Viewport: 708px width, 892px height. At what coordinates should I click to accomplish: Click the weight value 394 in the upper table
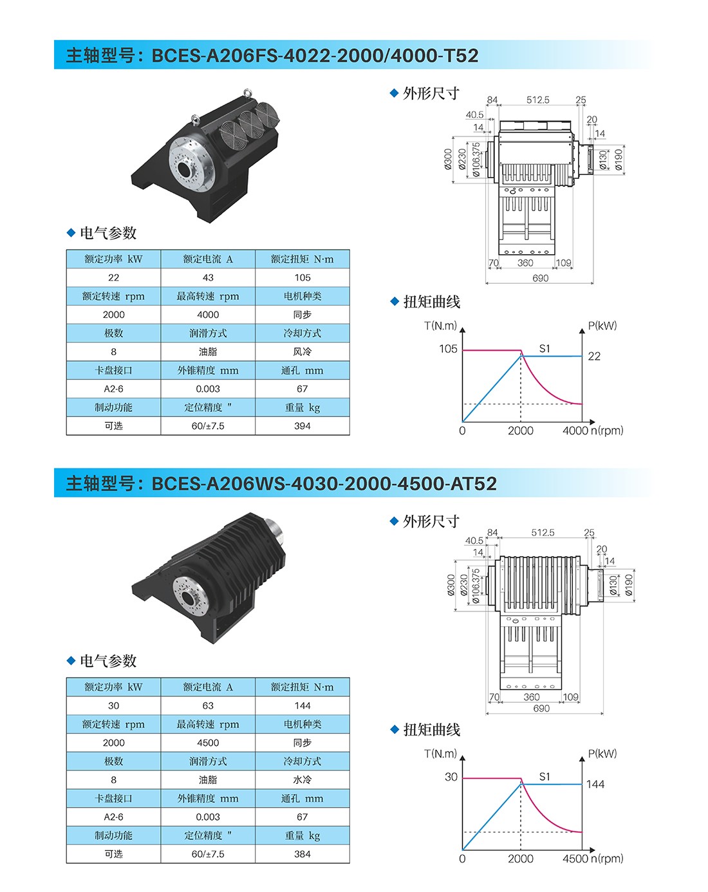pos(302,425)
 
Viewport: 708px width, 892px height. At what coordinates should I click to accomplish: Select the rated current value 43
pos(208,277)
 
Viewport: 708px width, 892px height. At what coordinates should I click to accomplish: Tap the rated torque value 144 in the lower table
pos(302,705)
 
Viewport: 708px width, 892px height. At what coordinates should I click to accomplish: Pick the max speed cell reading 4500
pos(208,742)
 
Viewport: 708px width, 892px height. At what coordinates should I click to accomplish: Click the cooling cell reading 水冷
pos(302,779)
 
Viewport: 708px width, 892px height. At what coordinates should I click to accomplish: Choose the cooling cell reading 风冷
pos(302,351)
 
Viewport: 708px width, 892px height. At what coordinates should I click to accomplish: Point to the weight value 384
pos(302,854)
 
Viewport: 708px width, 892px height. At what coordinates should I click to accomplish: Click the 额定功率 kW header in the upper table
pos(113,259)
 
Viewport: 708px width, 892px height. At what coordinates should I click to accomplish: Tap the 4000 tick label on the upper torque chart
pos(575,431)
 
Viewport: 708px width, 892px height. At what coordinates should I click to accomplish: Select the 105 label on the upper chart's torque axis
pos(448,349)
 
